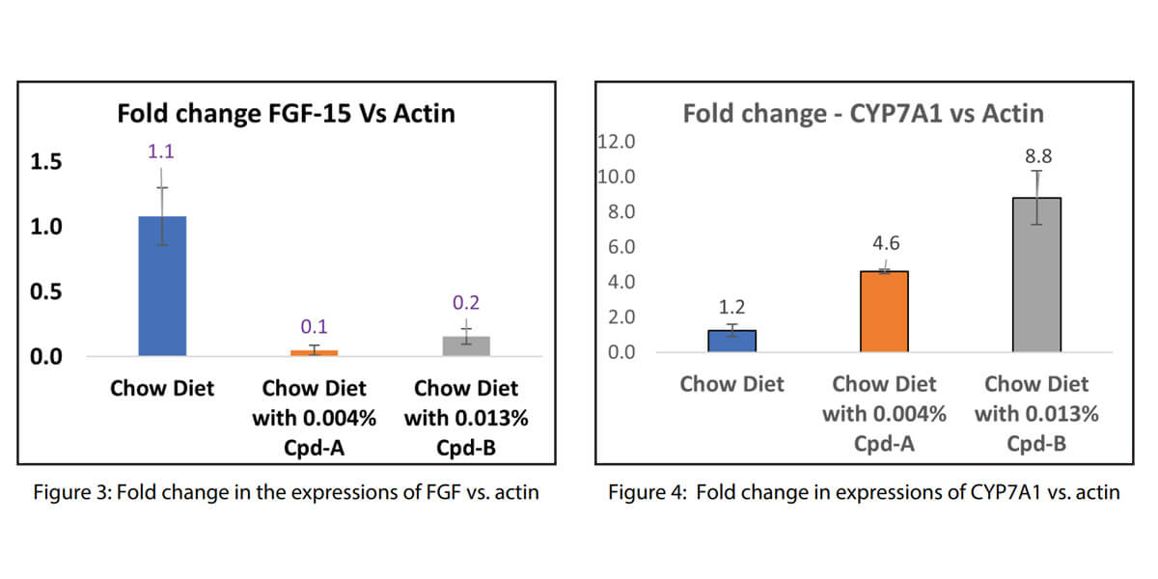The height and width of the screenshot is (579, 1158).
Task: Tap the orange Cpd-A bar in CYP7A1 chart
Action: (x=884, y=311)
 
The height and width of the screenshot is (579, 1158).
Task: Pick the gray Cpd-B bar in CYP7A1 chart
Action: (x=1036, y=275)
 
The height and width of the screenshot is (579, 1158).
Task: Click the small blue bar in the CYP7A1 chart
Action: (x=732, y=341)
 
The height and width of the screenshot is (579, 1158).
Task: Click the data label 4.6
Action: (x=885, y=243)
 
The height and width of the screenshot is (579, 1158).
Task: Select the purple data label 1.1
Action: (x=161, y=151)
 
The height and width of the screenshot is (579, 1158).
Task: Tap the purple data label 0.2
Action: (x=466, y=303)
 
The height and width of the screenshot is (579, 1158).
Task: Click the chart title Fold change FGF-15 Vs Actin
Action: (x=286, y=114)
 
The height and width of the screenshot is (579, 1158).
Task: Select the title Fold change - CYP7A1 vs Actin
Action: (x=864, y=114)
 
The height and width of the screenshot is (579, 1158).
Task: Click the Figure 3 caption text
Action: (x=287, y=492)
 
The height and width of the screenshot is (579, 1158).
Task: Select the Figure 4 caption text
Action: (x=864, y=492)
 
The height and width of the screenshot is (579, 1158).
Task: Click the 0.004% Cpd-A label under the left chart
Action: (x=314, y=419)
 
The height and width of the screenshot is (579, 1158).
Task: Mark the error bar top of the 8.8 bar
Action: (x=1036, y=171)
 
